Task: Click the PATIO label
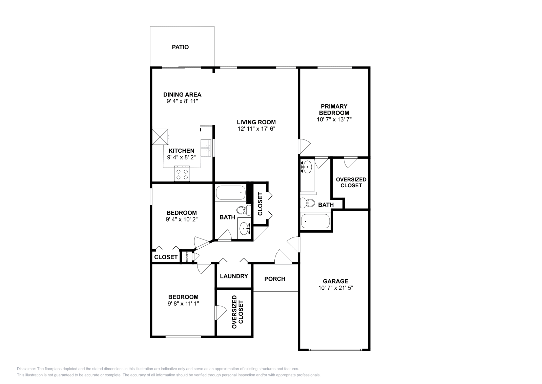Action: point(180,47)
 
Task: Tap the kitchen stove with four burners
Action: point(182,174)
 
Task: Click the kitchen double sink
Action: point(206,148)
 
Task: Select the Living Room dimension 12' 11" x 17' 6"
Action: point(256,129)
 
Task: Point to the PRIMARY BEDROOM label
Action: point(334,110)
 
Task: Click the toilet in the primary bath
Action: point(308,203)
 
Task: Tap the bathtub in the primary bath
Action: point(315,221)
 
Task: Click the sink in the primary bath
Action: point(307,167)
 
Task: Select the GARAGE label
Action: point(335,281)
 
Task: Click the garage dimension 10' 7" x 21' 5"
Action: point(335,288)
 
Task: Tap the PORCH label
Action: point(275,279)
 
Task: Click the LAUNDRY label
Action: point(234,276)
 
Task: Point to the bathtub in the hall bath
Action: point(231,193)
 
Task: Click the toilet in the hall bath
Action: point(242,210)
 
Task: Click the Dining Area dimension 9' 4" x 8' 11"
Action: point(182,101)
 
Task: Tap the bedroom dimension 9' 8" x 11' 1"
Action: point(183,304)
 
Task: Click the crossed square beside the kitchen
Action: point(160,137)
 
